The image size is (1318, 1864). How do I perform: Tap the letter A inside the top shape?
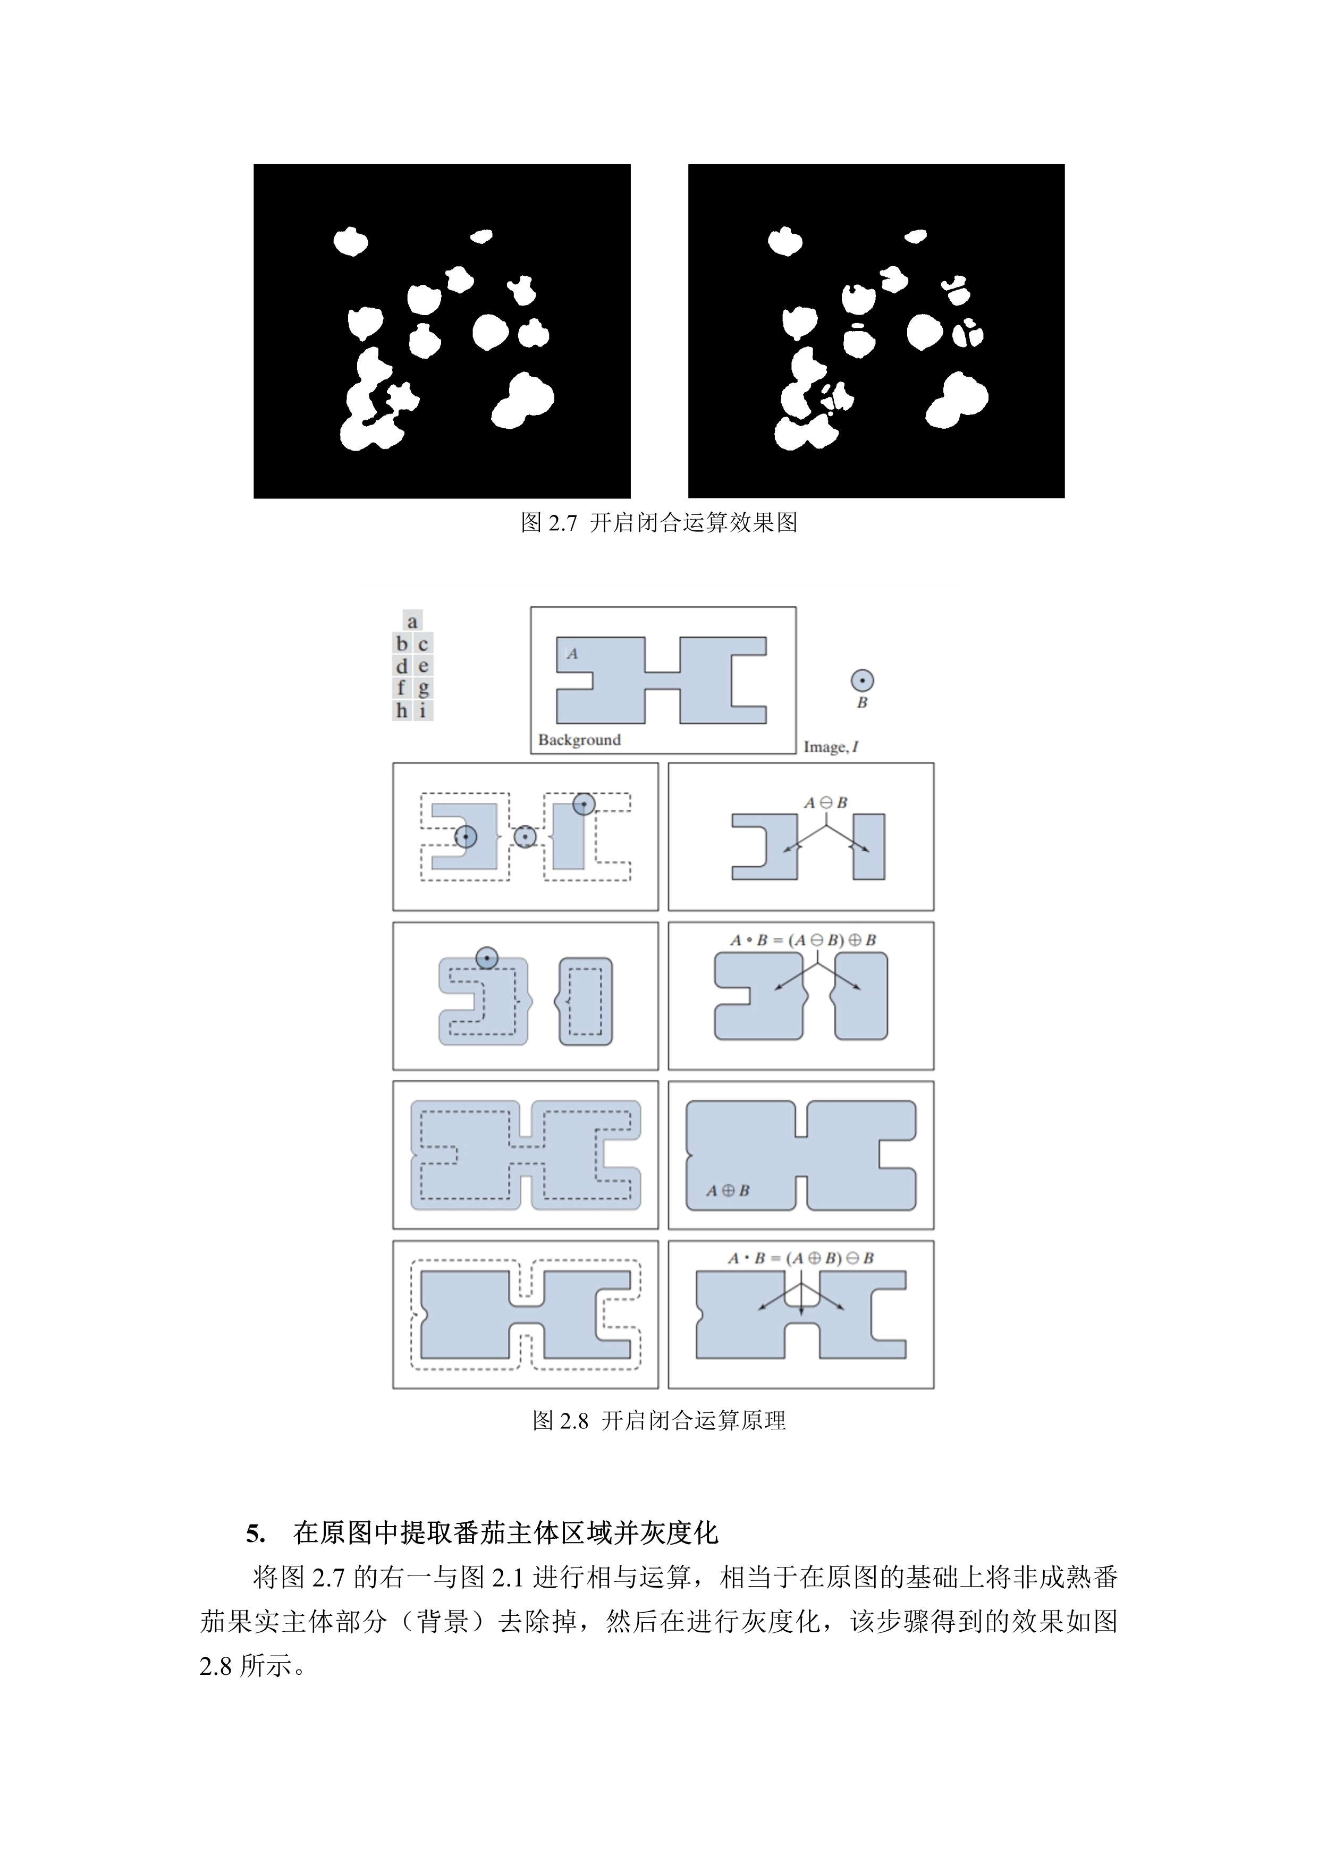pos(572,654)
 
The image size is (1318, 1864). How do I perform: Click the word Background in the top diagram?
pos(579,740)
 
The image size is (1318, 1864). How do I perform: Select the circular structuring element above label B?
pos(861,680)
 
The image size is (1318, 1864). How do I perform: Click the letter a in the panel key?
pos(412,622)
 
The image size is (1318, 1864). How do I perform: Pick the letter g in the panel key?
pos(423,689)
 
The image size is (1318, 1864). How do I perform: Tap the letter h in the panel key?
pos(401,711)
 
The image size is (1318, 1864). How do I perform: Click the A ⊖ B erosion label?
pos(825,802)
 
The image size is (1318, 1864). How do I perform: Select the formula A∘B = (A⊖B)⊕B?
pos(802,940)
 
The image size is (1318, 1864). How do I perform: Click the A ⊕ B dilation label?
pos(728,1190)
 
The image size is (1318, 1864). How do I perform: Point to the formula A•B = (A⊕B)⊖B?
pos(800,1258)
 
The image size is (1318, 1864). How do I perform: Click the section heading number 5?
pos(255,1533)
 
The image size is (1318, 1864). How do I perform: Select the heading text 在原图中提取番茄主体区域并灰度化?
pos(505,1533)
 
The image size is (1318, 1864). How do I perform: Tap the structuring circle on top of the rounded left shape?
pos(486,958)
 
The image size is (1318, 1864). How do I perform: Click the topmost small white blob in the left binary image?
pos(481,236)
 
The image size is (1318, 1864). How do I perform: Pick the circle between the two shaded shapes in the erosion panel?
pos(526,837)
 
